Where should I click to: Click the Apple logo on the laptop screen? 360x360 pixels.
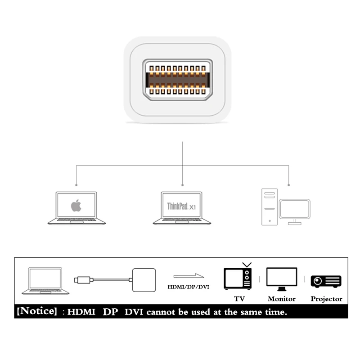point(76,206)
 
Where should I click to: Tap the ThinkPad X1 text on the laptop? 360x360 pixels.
point(181,207)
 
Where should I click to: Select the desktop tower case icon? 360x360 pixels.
point(269,207)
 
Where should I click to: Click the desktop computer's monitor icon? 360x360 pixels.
point(294,210)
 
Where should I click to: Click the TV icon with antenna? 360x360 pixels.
point(238,278)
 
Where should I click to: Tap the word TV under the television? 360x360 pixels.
point(239,299)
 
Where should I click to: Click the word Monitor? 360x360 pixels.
point(282,299)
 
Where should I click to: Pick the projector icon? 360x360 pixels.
point(326,281)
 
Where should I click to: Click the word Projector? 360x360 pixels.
point(326,299)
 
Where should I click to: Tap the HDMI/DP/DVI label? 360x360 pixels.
point(189,286)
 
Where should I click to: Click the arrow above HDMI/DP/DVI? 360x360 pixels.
point(189,276)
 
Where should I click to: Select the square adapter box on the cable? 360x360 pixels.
point(144,280)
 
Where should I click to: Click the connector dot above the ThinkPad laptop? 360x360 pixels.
point(182,184)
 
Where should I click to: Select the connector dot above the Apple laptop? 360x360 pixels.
point(76,184)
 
